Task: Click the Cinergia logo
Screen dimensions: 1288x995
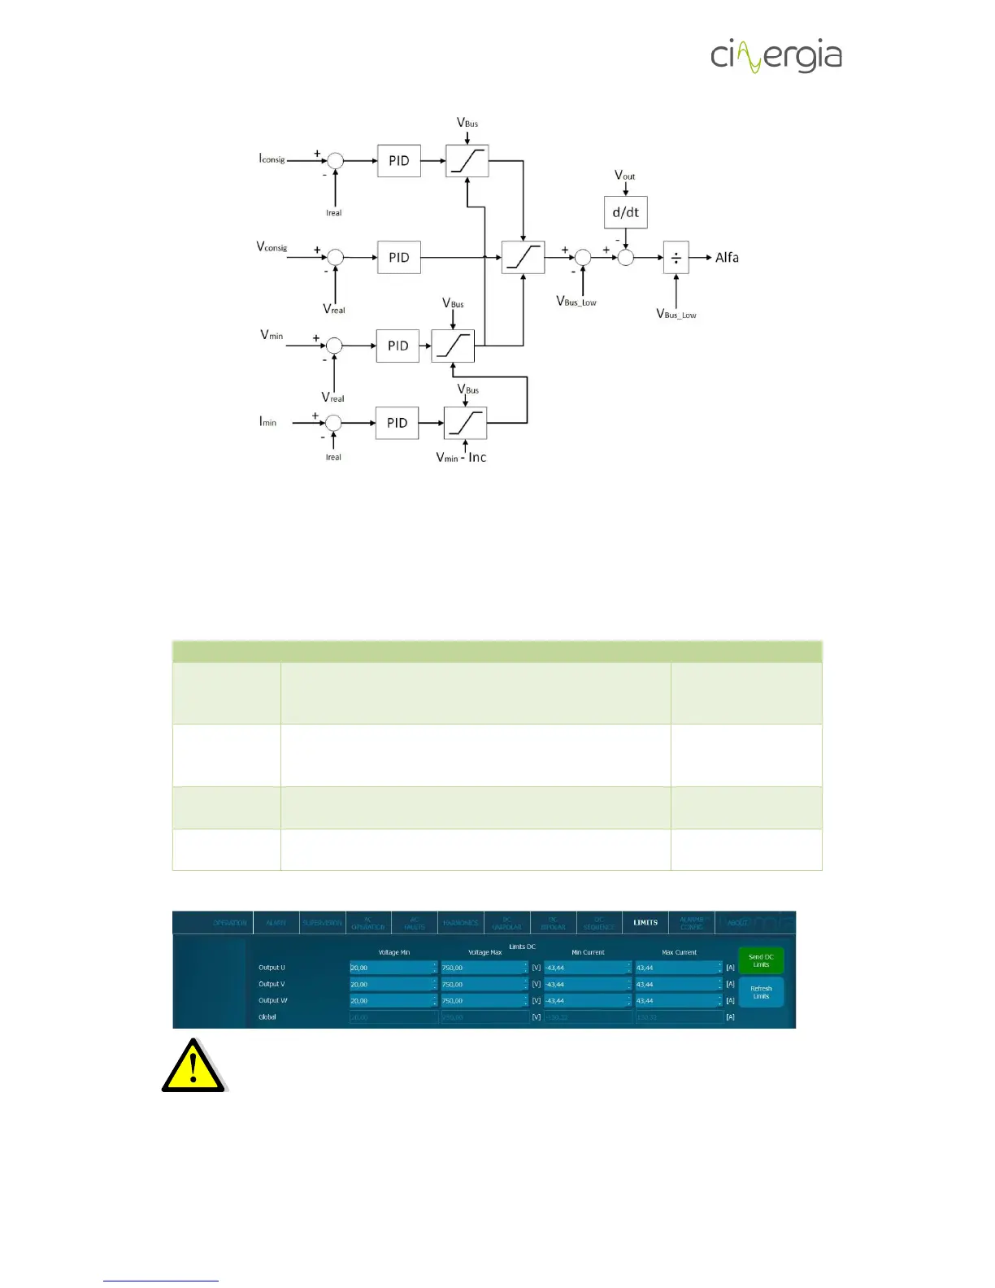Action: point(776,56)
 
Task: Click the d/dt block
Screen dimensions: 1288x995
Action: point(625,212)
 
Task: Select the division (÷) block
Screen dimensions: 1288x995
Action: point(676,258)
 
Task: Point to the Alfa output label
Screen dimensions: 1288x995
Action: point(727,258)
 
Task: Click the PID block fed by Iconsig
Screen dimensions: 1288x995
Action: point(398,161)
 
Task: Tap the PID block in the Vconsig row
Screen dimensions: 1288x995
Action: point(398,258)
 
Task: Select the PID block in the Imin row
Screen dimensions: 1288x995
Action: point(397,423)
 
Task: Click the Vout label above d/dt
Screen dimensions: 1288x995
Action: point(624,176)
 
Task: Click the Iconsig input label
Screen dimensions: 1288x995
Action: point(272,159)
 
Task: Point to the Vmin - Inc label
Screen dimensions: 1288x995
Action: point(461,458)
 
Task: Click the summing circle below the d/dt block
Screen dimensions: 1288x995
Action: point(625,258)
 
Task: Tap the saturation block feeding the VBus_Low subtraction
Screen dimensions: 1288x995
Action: point(523,258)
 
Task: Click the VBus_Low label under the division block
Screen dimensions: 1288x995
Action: point(676,314)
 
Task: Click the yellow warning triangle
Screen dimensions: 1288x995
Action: point(193,1067)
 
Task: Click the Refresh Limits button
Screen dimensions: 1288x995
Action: point(761,992)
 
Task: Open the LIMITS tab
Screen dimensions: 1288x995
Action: point(645,922)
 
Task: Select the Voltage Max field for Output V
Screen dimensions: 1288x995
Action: point(484,984)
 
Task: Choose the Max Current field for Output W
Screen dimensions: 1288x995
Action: point(678,1000)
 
